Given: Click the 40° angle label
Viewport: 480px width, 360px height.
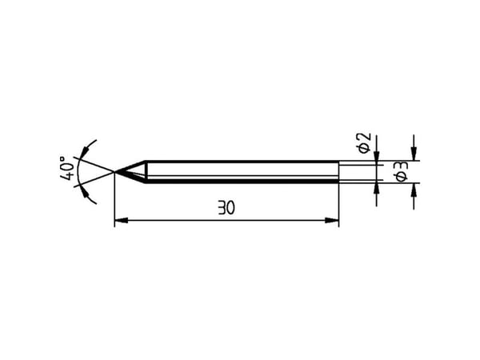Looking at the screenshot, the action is [66, 168].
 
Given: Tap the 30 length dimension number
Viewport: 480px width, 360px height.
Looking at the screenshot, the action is [226, 207].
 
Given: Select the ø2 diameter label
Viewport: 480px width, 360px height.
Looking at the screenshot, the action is [364, 143].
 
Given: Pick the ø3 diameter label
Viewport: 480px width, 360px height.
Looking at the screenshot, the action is [402, 171].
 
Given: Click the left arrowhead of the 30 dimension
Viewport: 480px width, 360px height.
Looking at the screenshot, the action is [122, 220].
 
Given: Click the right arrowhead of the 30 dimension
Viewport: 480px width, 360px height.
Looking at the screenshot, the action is [332, 220].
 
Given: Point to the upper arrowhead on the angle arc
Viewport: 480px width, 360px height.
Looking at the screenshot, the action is [85, 151].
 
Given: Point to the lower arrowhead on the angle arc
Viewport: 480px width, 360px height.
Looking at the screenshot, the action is [85, 194].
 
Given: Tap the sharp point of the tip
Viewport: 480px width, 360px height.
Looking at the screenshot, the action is [114, 172].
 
